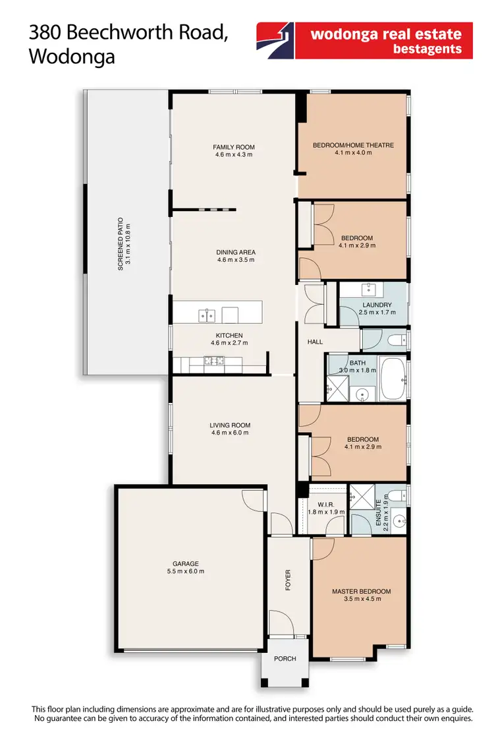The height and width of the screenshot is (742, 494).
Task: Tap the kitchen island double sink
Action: [x=206, y=315]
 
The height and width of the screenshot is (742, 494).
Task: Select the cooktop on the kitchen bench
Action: [x=213, y=361]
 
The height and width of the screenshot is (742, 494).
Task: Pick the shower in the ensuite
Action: [x=360, y=496]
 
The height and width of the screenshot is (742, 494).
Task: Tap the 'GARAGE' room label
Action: [x=186, y=564]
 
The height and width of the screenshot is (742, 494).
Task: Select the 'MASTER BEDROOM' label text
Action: [x=361, y=592]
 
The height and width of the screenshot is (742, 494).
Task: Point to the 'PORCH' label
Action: [x=285, y=659]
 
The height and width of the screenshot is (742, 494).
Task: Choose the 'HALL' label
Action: [x=315, y=342]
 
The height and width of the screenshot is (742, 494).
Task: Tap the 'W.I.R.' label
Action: [x=317, y=503]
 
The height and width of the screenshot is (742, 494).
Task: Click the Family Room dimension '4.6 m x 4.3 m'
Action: [x=234, y=155]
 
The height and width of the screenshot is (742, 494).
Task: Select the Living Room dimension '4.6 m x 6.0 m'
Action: [x=231, y=433]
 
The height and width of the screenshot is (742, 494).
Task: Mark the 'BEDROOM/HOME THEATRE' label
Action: [x=353, y=145]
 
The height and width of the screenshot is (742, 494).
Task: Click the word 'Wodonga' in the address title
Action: [x=72, y=57]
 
